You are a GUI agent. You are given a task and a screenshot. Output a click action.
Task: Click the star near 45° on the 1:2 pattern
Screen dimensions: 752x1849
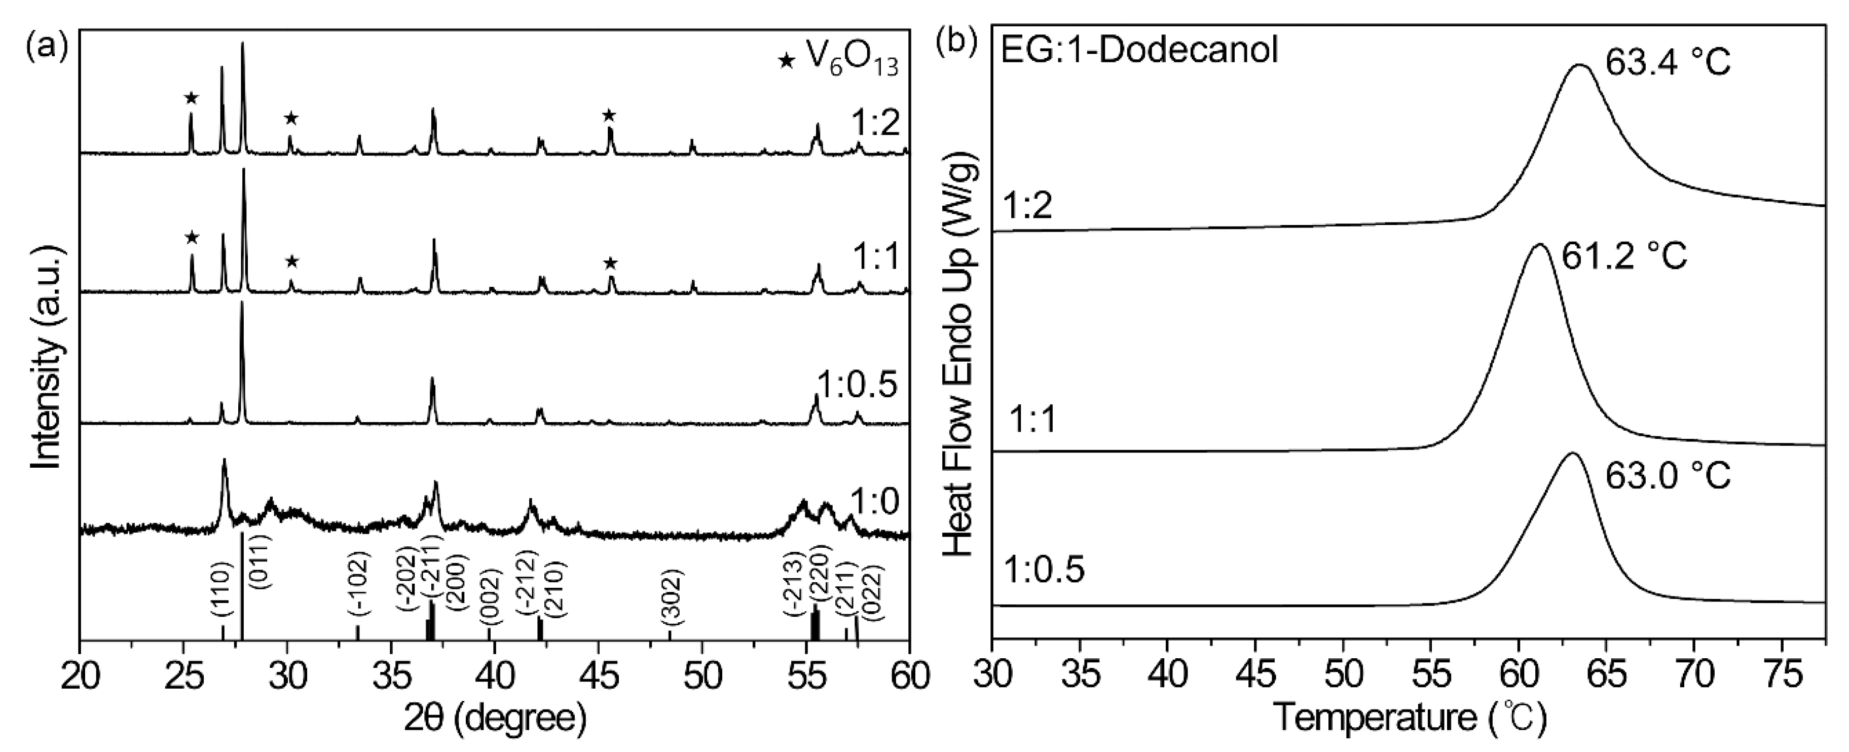coord(609,116)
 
